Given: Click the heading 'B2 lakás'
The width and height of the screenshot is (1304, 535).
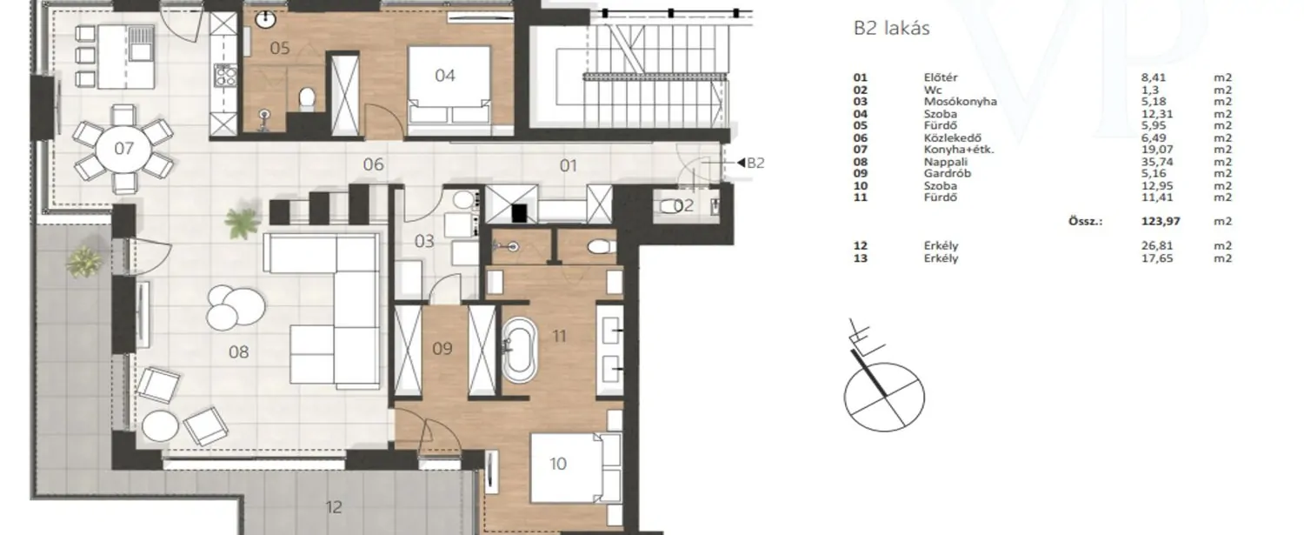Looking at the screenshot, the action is point(891,29).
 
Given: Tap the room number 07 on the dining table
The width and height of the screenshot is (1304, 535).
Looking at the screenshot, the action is point(124,149).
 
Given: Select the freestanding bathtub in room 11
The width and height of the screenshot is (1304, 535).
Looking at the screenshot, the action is point(518,350).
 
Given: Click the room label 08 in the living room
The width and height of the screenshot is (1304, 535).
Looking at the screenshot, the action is point(239,352).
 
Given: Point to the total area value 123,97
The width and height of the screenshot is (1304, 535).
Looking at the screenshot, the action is point(1161,222).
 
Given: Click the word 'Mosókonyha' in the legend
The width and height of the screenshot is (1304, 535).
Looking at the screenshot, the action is point(960,102).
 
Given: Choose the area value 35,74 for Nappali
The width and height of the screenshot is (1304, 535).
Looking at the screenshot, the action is point(1157,162).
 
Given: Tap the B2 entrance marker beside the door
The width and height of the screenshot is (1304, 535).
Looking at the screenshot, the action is point(751,164).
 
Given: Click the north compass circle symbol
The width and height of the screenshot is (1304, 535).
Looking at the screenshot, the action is point(884,398).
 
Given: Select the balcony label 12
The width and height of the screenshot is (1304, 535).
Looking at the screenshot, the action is point(334,507).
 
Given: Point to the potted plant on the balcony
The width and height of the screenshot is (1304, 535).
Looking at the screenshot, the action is point(85,262).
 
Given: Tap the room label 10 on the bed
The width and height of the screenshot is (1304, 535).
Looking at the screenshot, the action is point(558,464).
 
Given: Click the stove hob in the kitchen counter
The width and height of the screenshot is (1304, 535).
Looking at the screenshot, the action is point(225,75).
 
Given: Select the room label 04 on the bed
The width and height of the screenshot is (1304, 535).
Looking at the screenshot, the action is point(445,76).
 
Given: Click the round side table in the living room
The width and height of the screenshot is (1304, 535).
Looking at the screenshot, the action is point(159,426).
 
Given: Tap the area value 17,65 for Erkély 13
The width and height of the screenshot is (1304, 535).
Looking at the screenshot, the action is point(1157,258).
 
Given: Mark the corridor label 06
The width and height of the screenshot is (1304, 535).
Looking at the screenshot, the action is point(373,165).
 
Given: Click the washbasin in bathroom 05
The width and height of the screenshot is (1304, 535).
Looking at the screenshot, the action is point(265,20).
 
